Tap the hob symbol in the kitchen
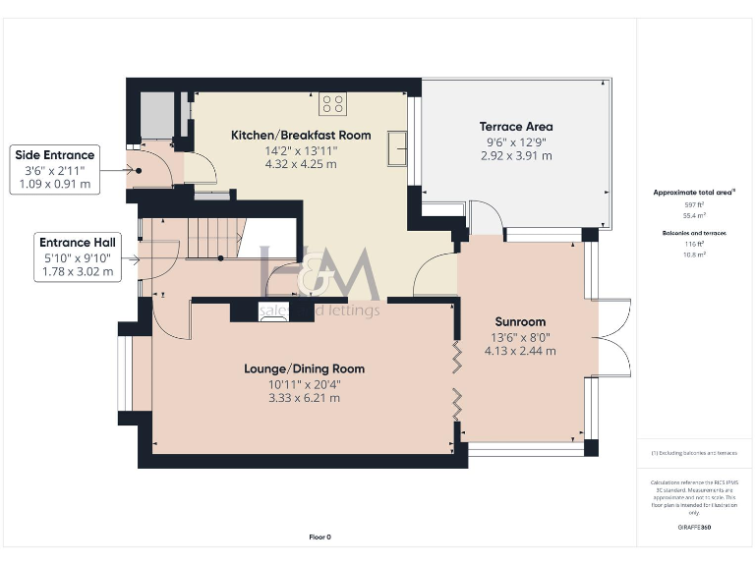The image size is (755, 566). (331, 102)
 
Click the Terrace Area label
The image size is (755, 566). (516, 127)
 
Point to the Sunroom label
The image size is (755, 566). (520, 322)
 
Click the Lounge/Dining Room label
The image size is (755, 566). (305, 369)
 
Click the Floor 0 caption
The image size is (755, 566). (320, 538)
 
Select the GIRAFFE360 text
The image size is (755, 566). (694, 528)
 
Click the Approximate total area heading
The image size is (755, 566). (694, 194)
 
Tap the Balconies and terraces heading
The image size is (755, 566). (694, 233)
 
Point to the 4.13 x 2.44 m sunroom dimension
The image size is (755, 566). (520, 351)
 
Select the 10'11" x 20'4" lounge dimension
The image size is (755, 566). (305, 384)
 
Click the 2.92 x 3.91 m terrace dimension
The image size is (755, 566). (516, 155)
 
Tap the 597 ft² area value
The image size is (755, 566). (694, 204)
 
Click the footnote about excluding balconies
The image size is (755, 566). (694, 453)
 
